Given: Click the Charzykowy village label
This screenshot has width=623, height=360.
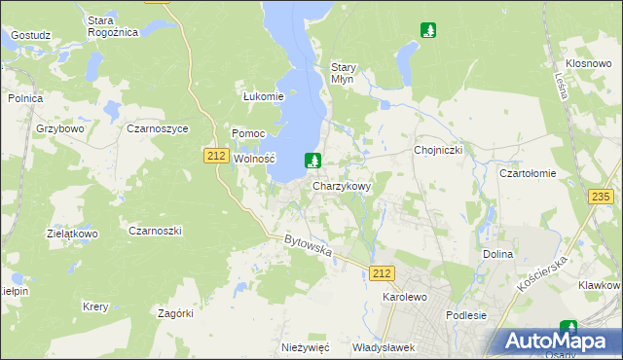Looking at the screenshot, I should coord(342,186).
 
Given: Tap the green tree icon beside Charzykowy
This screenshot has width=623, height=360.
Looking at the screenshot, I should coord(312,161).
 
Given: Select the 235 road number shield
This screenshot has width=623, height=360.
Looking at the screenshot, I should coord(601,197).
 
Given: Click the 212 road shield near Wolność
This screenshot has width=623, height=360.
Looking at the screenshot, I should coord(216,155).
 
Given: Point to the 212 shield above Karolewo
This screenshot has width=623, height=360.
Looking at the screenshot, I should coord(382,275).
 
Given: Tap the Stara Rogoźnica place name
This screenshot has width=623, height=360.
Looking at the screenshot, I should coord(113,26).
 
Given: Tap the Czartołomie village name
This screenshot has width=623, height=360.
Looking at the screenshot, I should coord(527,173).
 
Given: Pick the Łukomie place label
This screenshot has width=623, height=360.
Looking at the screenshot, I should coord(263,96).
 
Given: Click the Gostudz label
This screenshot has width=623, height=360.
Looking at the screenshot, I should coord(30,35).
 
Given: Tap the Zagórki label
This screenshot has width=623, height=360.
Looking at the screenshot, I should coord(176,313).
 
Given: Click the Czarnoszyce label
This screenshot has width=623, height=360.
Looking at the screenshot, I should coord(158,128).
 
